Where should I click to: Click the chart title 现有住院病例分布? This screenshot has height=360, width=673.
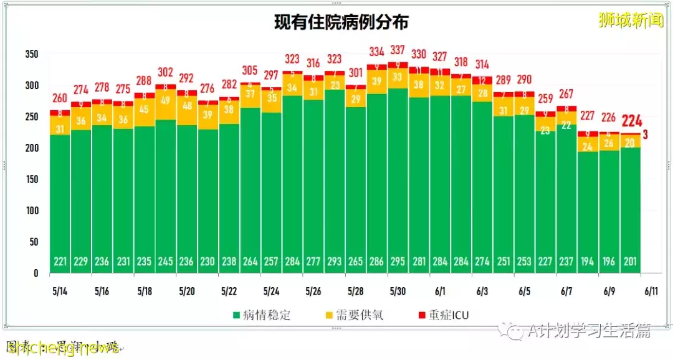pos(341,23)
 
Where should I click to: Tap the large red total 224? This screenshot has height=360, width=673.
pos(631,121)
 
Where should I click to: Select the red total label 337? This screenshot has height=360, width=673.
pos(397,50)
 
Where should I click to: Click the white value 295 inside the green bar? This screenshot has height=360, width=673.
pos(397,261)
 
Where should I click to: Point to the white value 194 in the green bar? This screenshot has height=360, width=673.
pos(587,261)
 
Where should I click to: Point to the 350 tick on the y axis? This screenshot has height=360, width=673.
pos(32,55)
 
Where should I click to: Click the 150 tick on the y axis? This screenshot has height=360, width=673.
pos(32,179)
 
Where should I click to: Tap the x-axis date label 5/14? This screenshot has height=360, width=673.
pos(60,291)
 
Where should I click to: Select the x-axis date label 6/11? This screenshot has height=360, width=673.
pos(652,291)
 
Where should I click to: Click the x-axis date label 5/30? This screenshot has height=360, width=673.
pos(398,291)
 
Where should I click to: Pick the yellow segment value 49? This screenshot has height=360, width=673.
pos(165,100)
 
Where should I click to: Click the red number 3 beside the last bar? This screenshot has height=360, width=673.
pos(646,134)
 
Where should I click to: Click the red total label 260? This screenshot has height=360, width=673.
pos(60,98)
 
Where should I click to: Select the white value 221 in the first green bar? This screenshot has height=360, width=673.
pos(60,261)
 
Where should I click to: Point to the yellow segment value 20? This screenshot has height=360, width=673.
pos(631,143)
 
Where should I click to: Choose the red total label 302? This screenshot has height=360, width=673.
pos(165,72)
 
